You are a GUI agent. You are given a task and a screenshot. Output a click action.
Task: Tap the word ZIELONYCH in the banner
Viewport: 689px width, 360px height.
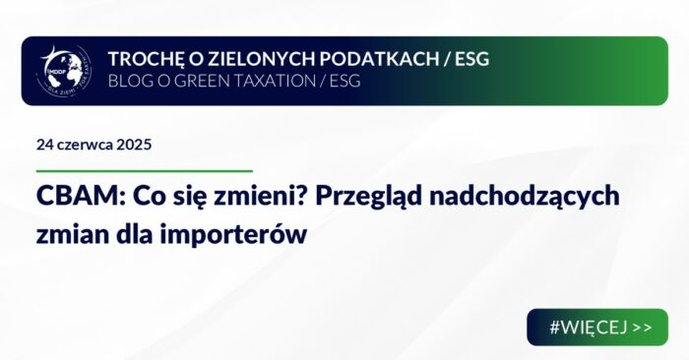coord(242,59)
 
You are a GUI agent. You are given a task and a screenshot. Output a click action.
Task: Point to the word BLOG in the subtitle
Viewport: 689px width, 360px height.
coord(128,82)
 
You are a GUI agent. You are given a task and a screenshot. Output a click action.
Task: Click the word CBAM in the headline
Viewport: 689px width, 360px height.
coord(68,197)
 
